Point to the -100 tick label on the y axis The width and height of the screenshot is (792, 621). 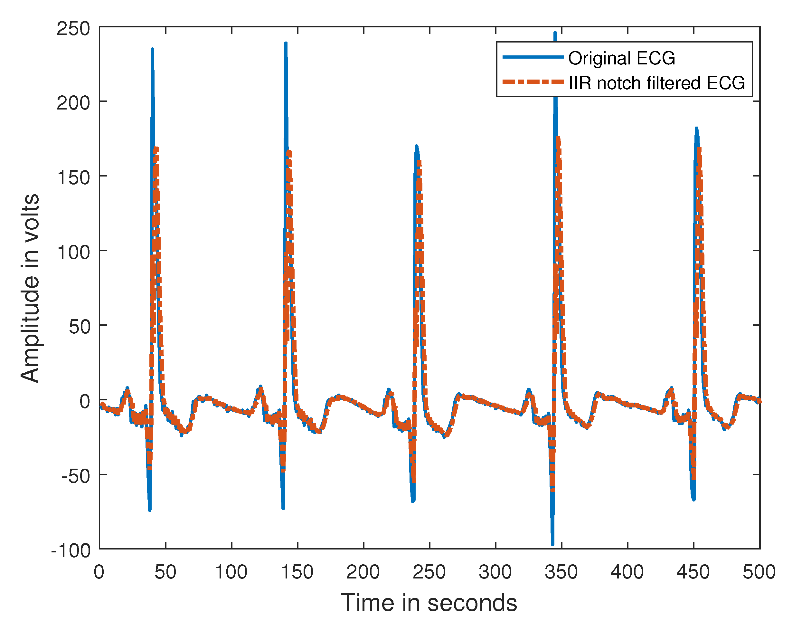coord(71,551)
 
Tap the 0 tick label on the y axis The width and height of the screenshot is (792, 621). coord(85,402)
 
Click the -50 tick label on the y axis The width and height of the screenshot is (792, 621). coord(76,476)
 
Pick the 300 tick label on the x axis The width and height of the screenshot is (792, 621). coord(495,572)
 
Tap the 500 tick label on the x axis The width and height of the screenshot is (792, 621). coord(759,572)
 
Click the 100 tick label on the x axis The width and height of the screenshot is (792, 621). coord(231,572)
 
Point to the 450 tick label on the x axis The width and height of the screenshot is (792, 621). coord(693,572)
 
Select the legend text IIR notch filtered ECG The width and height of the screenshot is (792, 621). coord(657,83)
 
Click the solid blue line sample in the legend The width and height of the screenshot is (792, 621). coord(533,57)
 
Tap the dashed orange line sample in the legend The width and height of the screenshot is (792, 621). coord(533,82)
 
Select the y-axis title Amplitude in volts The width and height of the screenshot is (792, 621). coord(30,288)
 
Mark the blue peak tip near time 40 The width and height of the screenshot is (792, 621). coord(152,49)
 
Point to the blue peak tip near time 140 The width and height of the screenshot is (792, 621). coord(286,43)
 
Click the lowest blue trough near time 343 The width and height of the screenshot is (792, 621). coord(552,544)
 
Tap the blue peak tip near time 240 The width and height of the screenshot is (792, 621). coord(417,146)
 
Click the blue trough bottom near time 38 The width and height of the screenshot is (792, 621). coord(150,510)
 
